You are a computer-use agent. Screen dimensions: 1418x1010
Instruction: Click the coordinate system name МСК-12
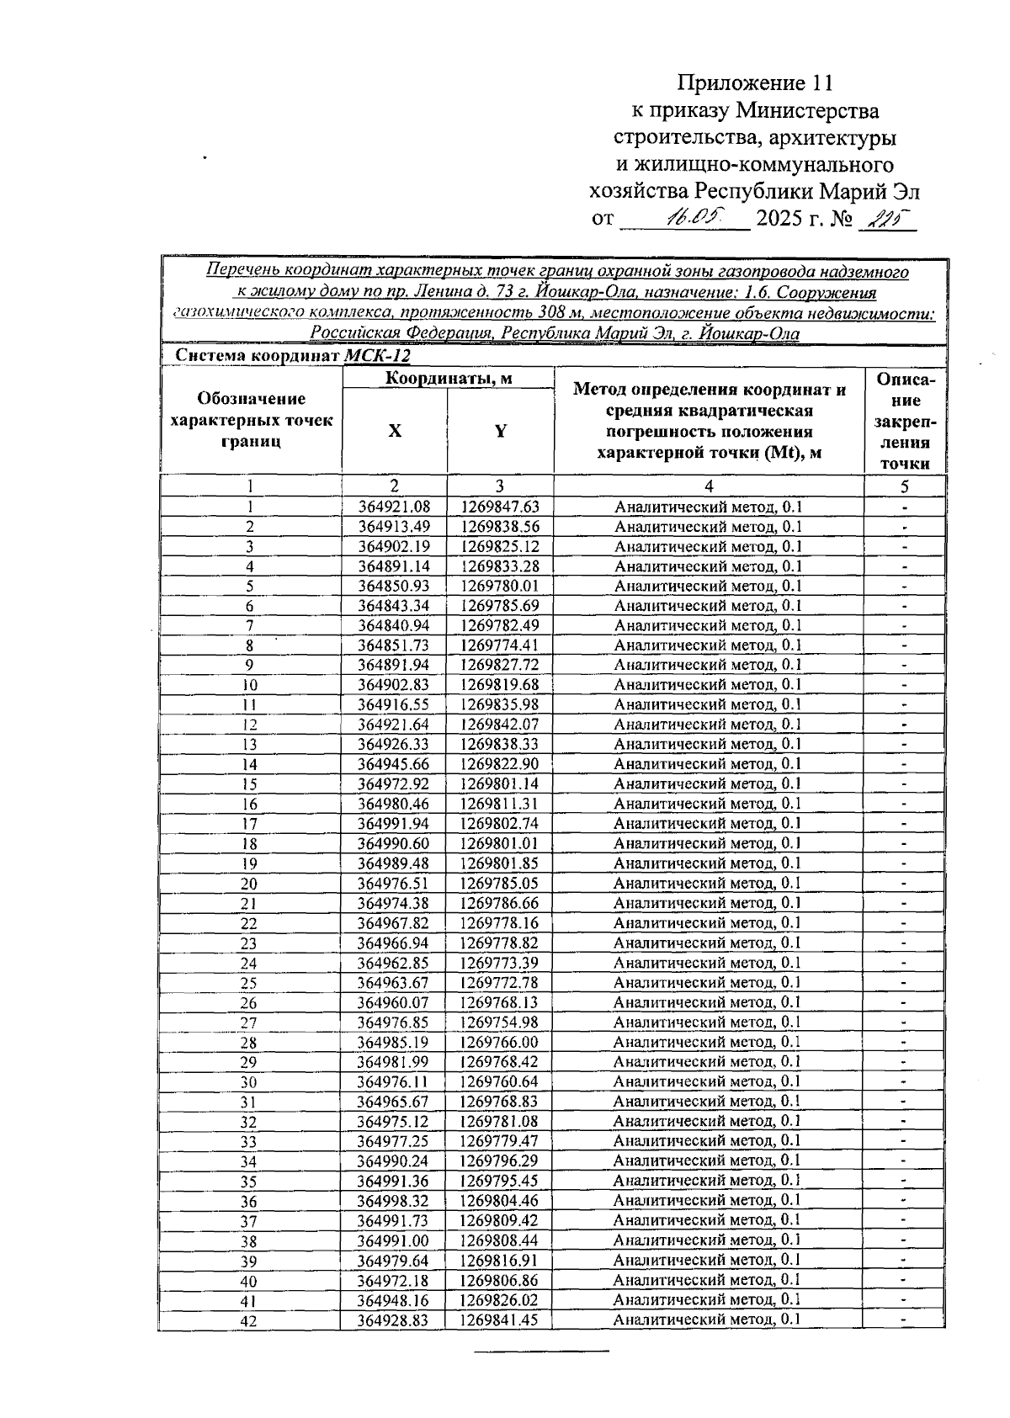[x=377, y=355]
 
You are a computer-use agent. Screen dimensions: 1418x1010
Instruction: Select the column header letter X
[x=394, y=431]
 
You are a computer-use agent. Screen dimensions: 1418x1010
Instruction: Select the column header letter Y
[x=500, y=431]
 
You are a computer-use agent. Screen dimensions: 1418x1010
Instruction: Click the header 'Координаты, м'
[x=448, y=379]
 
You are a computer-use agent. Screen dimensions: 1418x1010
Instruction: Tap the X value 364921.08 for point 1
[x=394, y=507]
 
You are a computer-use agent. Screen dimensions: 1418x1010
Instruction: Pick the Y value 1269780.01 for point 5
[x=500, y=586]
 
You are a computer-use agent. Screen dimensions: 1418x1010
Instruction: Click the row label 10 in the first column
[x=250, y=685]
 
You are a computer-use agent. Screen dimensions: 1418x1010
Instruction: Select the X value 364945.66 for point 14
[x=394, y=764]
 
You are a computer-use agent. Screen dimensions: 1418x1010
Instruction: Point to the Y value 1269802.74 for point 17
[x=500, y=823]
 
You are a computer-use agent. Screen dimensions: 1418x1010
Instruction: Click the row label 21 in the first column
[x=249, y=903]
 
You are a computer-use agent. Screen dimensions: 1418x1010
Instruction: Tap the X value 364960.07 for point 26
[x=394, y=1002]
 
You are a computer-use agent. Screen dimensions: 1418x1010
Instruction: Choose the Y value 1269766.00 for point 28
[x=500, y=1042]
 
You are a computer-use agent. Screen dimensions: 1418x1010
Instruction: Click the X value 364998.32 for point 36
[x=394, y=1201]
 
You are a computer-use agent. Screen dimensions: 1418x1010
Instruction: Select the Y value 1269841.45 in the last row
[x=500, y=1320]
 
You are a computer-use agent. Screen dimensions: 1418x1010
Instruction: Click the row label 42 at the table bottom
[x=249, y=1321]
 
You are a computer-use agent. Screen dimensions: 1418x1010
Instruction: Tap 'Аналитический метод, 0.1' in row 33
[x=707, y=1141]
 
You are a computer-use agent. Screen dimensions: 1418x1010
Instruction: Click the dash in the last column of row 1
[x=904, y=508]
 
